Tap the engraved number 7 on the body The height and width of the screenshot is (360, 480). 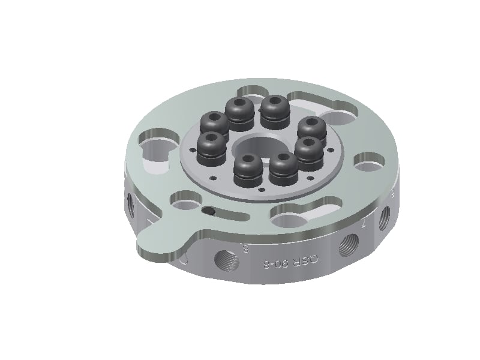pyautogui.click(x=364, y=224)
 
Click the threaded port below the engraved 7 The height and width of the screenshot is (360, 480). pyautogui.click(x=348, y=245)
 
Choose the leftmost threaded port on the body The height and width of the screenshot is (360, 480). pyautogui.click(x=131, y=204)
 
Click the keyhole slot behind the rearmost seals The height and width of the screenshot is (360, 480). pyautogui.click(x=258, y=91)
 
